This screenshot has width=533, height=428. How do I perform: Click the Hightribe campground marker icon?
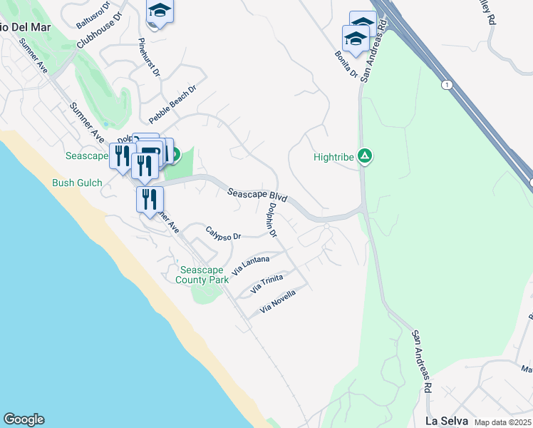365,156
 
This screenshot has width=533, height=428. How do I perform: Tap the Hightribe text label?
334,157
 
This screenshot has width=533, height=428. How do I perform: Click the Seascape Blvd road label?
257,194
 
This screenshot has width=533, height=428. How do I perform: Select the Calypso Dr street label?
224,233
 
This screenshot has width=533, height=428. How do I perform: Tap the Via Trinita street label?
266,285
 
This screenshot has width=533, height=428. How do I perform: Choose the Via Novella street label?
286,300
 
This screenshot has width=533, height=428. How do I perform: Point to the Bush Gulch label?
77,183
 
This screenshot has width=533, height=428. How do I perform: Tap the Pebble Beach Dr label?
172,102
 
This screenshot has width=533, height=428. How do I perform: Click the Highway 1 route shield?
446,84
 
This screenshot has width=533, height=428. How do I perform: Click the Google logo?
24,419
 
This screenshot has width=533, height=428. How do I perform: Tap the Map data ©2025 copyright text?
503,422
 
